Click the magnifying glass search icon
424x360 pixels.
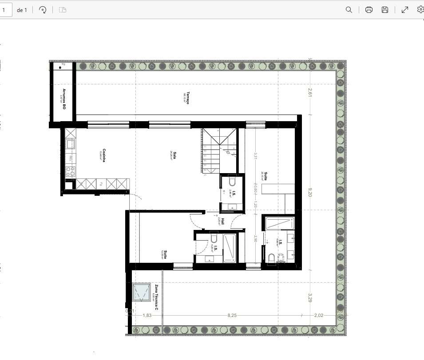[x=349, y=10]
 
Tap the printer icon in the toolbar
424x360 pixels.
[x=369, y=10]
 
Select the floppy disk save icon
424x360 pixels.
[x=385, y=10]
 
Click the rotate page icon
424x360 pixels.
[x=43, y=10]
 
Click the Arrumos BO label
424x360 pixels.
[x=64, y=98]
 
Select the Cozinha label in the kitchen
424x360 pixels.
[x=103, y=155]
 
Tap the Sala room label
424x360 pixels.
[x=174, y=155]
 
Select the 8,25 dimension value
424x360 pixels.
[x=232, y=315]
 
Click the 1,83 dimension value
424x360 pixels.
[x=147, y=315]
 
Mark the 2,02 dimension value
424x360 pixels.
[x=318, y=315]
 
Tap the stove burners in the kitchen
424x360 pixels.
[x=70, y=171]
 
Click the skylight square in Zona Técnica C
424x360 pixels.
[x=142, y=292]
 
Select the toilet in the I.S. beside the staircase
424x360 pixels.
[x=232, y=182]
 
